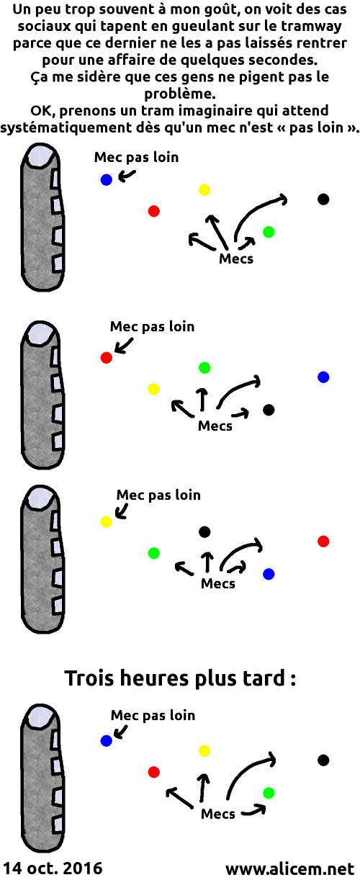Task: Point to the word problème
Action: click(180, 94)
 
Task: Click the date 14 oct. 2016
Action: click(53, 868)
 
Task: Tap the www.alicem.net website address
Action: click(289, 868)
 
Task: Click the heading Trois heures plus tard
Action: click(180, 678)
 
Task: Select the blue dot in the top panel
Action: click(107, 180)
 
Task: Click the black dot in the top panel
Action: click(323, 199)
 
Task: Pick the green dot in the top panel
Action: click(269, 232)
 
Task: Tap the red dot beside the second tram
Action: click(107, 357)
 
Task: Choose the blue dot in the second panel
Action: click(323, 377)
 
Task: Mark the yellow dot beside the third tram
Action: click(107, 521)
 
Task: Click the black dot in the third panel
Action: click(204, 532)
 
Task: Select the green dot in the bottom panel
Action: click(269, 793)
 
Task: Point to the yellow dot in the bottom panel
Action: click(204, 751)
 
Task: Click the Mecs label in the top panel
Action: click(236, 259)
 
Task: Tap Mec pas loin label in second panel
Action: click(152, 326)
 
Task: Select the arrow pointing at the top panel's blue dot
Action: click(127, 176)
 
